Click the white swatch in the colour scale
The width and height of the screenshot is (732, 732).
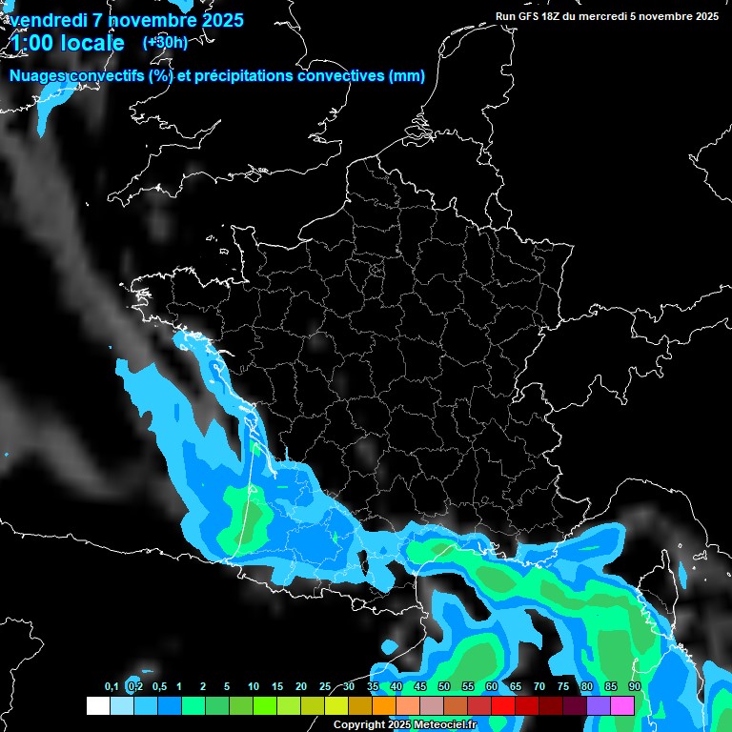tap(97, 705)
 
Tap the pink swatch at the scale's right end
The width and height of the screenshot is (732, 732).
tap(622, 705)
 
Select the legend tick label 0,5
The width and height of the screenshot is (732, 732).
tap(159, 687)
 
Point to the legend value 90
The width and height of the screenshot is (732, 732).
tap(634, 687)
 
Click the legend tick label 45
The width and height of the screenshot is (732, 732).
tap(420, 687)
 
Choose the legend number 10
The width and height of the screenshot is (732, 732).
tap(254, 687)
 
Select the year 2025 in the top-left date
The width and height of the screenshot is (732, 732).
tap(216, 20)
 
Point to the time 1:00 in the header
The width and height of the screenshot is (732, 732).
tap(33, 43)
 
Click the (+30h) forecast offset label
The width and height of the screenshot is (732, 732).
tap(165, 42)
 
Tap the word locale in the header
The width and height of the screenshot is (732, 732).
tap(93, 43)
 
